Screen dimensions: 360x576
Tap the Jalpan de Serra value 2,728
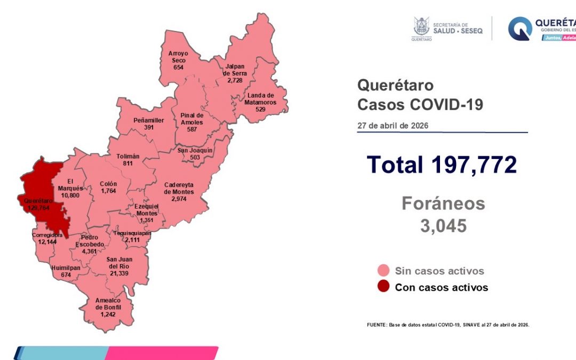click(235, 80)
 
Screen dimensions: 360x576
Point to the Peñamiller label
click(148, 121)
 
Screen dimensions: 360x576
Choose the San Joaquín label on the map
click(195, 150)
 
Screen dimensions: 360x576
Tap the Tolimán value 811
click(128, 164)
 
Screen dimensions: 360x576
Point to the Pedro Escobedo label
click(89, 241)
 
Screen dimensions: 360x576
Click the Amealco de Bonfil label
click(108, 305)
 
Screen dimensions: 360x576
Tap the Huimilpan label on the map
click(66, 268)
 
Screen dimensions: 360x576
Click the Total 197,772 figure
click(442, 164)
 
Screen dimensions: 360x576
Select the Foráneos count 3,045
click(443, 226)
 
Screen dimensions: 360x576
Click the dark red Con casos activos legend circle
click(382, 287)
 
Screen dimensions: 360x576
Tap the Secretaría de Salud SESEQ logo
click(448, 28)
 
